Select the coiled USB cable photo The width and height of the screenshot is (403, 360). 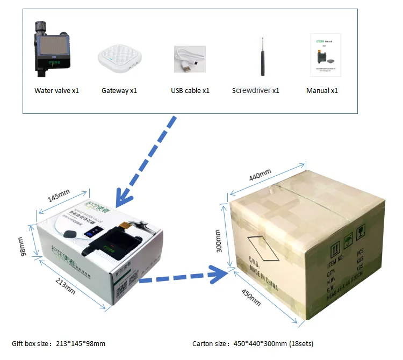(x=189, y=59)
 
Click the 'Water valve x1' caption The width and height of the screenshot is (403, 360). (x=56, y=90)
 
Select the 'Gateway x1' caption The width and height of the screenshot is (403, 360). (x=119, y=90)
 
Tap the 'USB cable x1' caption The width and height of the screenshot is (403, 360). (x=190, y=90)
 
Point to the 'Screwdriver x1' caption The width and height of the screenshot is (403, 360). (x=256, y=90)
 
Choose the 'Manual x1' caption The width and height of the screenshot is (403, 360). (x=322, y=90)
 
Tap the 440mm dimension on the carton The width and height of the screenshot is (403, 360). (x=260, y=176)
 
